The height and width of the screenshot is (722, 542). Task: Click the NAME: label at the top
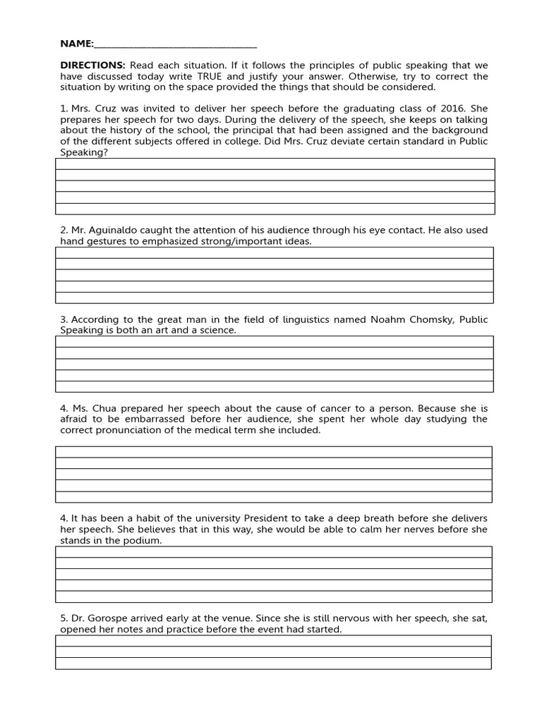(76, 44)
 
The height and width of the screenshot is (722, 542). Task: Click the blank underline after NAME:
(175, 44)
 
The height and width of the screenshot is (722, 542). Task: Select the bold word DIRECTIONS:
(92, 65)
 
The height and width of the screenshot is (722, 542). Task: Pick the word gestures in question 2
(106, 241)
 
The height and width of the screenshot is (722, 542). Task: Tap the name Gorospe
(110, 618)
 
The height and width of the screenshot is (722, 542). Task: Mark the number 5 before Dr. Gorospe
(63, 618)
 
